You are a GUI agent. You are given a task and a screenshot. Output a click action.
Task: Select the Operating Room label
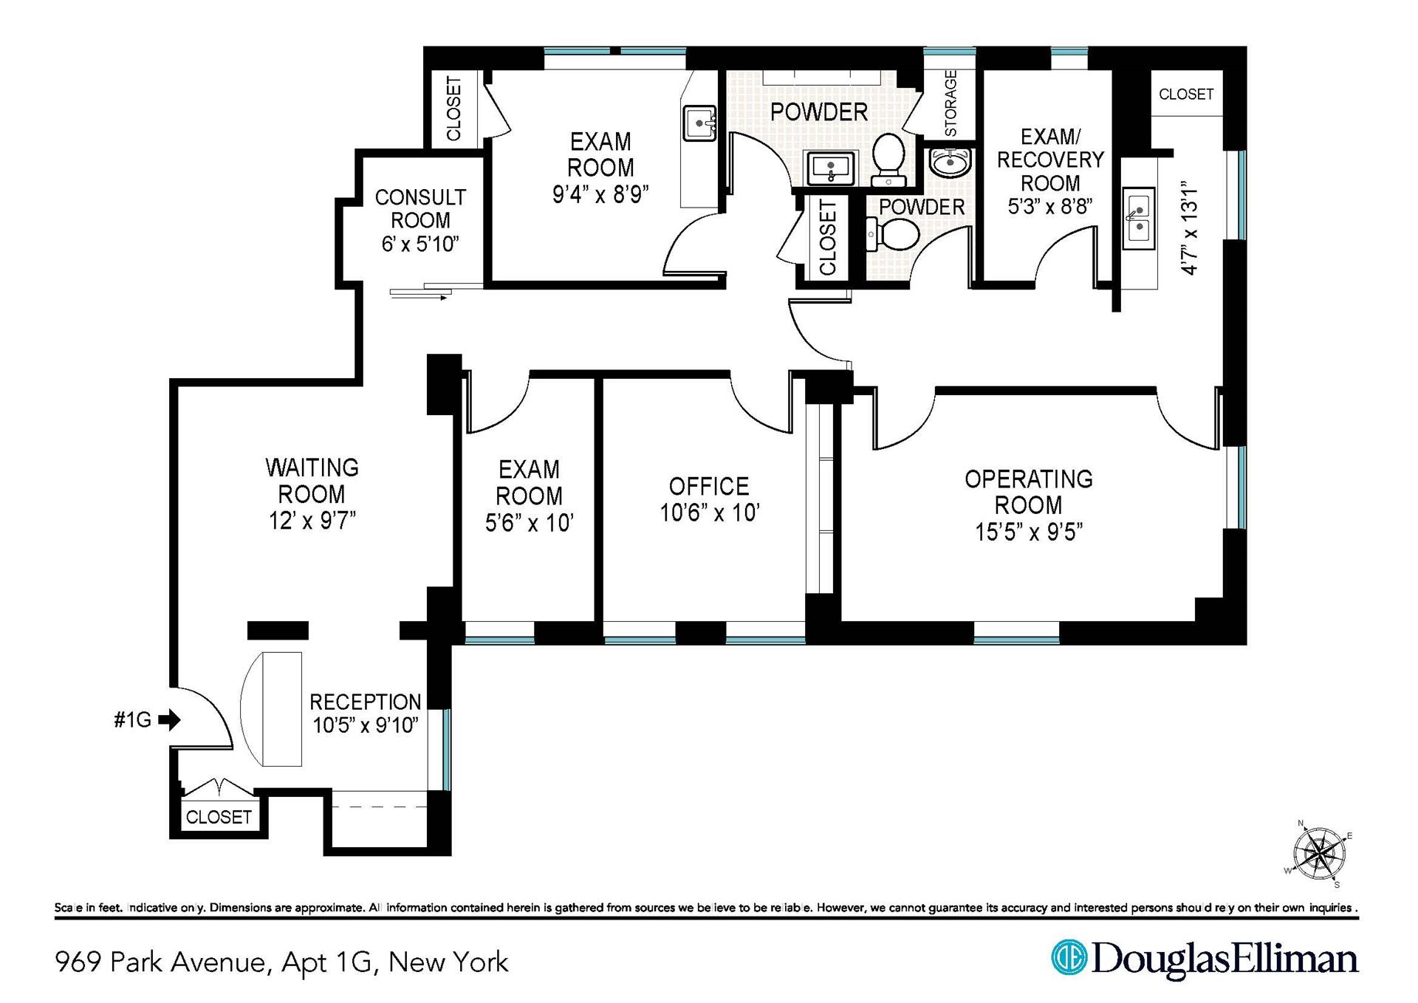pyautogui.click(x=1028, y=492)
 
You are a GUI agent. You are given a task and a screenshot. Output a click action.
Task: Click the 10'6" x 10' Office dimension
pyautogui.click(x=709, y=513)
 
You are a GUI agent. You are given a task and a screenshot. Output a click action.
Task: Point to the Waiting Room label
pyautogui.click(x=312, y=480)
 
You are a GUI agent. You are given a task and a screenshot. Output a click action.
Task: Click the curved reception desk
pyautogui.click(x=272, y=708)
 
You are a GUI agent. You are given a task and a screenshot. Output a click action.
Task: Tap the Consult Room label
pyautogui.click(x=420, y=209)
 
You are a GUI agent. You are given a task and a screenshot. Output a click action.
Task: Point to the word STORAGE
pyautogui.click(x=951, y=103)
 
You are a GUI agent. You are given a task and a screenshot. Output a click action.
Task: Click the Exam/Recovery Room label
pyautogui.click(x=1049, y=160)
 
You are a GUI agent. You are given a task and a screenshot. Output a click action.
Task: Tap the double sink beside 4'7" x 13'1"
pyautogui.click(x=1138, y=218)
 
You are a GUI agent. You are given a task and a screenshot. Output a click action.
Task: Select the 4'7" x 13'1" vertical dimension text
pyautogui.click(x=1189, y=228)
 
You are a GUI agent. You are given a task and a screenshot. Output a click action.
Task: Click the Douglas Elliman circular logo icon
pyautogui.click(x=1069, y=957)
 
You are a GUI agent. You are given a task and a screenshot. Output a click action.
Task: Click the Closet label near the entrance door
pyautogui.click(x=219, y=817)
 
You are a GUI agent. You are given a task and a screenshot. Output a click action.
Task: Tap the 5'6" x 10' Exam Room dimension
pyautogui.click(x=529, y=523)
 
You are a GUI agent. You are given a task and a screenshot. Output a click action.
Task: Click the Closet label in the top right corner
pyautogui.click(x=1185, y=94)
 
